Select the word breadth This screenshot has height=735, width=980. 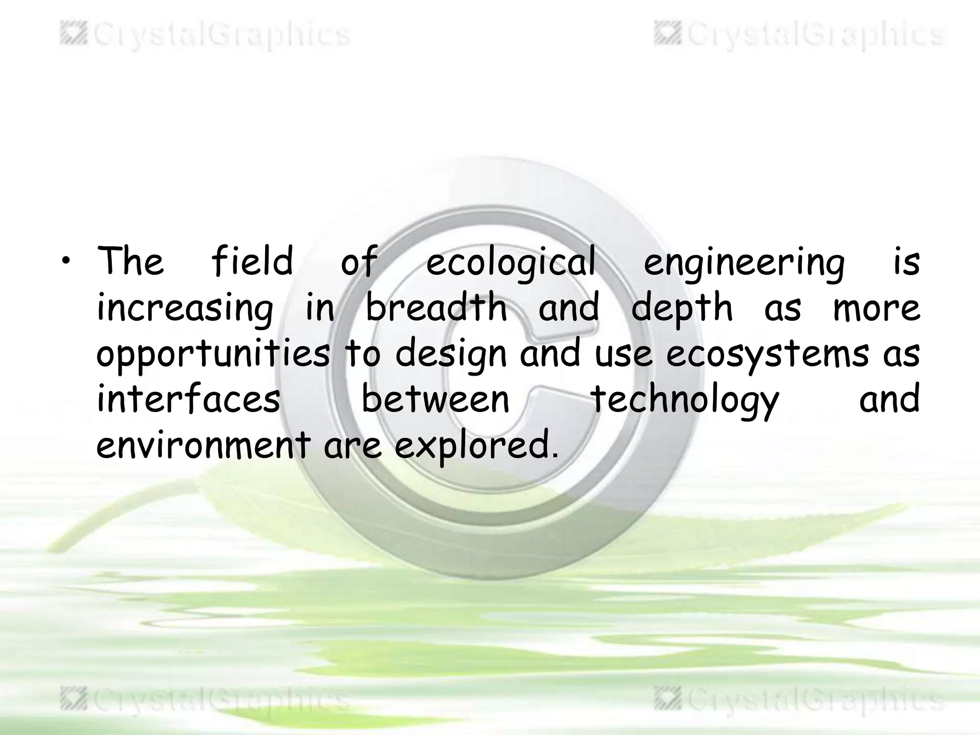click(x=436, y=308)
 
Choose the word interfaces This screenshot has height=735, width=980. click(x=189, y=399)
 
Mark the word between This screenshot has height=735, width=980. click(x=435, y=399)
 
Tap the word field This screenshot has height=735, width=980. click(x=252, y=261)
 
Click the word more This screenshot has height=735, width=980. click(x=877, y=308)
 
